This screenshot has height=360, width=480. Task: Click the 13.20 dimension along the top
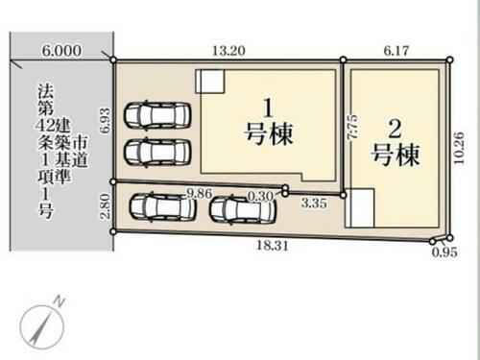(x=228, y=51)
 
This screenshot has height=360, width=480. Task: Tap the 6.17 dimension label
(x=396, y=51)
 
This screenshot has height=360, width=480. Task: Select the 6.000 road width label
(x=61, y=51)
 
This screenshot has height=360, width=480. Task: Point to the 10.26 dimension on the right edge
(x=459, y=148)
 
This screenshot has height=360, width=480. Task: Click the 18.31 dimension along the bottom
(x=273, y=246)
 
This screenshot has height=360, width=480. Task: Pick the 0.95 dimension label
(x=444, y=252)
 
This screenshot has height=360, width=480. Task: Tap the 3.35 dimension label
(x=314, y=203)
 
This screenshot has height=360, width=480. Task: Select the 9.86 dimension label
(x=200, y=193)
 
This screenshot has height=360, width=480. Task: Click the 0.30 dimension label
(x=261, y=196)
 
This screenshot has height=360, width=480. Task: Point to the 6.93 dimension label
(x=105, y=121)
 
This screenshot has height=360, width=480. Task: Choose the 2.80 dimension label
(x=105, y=206)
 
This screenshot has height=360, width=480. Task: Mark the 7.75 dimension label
(x=352, y=127)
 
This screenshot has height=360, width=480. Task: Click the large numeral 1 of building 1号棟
(x=268, y=108)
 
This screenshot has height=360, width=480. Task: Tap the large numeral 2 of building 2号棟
(x=395, y=130)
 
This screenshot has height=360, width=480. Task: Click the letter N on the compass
(x=59, y=301)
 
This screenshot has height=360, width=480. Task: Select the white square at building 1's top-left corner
(x=210, y=82)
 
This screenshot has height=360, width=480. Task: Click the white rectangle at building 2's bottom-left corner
(x=359, y=208)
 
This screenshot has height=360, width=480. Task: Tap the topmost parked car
(x=158, y=115)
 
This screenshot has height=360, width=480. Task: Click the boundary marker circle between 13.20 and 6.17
(x=343, y=60)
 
